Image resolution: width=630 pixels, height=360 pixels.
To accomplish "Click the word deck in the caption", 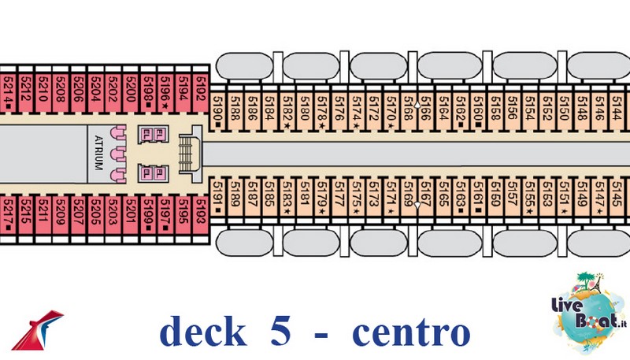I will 202,332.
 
